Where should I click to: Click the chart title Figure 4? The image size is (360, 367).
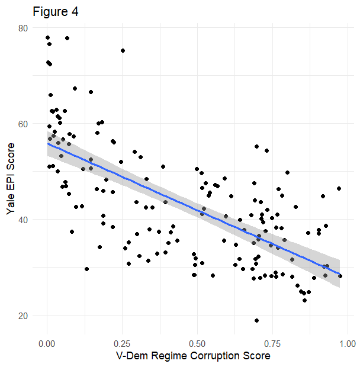(x=55, y=12)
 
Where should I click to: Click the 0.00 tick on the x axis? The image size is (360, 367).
(x=47, y=343)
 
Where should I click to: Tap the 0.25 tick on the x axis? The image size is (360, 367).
(x=122, y=343)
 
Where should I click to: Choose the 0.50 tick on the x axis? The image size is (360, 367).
(x=197, y=343)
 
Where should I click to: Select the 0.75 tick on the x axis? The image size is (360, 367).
(x=272, y=343)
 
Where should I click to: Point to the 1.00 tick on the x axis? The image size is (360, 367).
(x=347, y=343)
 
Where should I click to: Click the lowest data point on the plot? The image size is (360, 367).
(x=256, y=320)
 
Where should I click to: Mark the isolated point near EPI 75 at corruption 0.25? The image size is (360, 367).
(x=123, y=51)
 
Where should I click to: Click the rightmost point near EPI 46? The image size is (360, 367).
(x=339, y=189)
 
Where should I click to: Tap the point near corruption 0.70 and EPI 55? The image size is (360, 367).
(x=256, y=146)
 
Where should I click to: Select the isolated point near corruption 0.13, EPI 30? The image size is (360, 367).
(x=86, y=269)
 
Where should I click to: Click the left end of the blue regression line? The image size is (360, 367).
(x=47, y=143)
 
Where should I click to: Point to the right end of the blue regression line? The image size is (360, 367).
(x=339, y=274)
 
